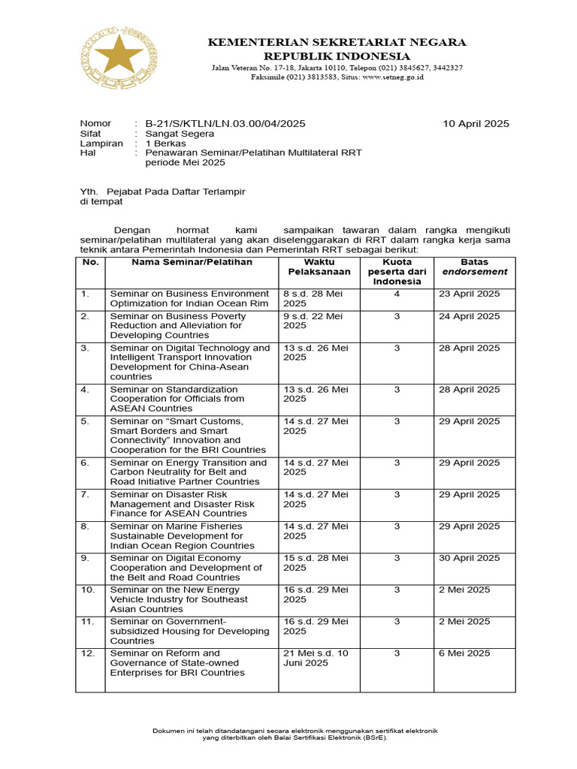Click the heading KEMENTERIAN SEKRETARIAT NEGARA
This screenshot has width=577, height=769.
(x=337, y=42)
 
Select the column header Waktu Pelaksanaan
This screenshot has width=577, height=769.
(x=315, y=267)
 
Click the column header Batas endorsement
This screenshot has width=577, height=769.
(x=474, y=267)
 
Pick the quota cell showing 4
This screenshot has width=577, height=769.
(x=397, y=294)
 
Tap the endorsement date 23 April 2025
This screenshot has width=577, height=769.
(x=470, y=294)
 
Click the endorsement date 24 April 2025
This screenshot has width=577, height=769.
(x=470, y=316)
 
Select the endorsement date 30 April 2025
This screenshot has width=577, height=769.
(x=470, y=558)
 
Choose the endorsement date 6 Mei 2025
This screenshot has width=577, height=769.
(x=464, y=653)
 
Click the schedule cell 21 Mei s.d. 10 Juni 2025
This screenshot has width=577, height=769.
(x=316, y=658)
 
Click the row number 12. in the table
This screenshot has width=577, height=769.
(x=88, y=653)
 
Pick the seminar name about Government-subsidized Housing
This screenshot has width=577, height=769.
(x=189, y=631)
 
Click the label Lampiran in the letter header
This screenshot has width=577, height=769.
(x=101, y=143)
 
